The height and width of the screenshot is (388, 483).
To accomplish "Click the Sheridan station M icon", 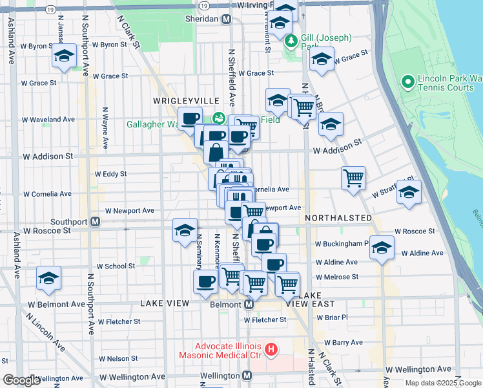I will (x=226, y=19).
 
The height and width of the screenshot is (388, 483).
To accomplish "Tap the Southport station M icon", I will (x=95, y=221).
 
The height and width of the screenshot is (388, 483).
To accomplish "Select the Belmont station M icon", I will (x=249, y=304).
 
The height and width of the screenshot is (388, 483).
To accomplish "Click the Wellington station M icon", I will (x=246, y=376).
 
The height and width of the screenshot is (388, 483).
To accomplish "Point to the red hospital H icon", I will (x=271, y=350).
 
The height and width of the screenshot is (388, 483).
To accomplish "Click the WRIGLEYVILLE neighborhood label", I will (x=178, y=102).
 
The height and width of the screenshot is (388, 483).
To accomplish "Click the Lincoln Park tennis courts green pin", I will (x=408, y=82).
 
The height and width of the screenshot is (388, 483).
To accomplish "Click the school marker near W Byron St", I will (x=65, y=56).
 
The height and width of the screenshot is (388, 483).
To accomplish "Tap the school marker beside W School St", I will (x=48, y=278).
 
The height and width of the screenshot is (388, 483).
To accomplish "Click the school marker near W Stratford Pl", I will (x=409, y=192).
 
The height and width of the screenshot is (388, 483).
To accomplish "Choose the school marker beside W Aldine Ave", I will (x=382, y=248).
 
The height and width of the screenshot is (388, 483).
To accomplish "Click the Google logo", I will (x=21, y=380).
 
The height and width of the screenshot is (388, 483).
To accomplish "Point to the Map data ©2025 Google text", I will (x=443, y=383).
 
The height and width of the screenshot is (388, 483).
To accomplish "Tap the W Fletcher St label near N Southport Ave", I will (x=119, y=321).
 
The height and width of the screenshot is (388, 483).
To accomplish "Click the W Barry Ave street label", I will (x=344, y=342).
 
